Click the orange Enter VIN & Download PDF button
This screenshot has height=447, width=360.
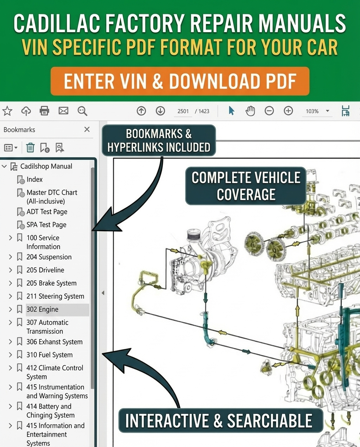point(180,81)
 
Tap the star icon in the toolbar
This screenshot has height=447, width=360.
point(7,111)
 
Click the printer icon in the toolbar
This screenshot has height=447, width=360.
point(45,111)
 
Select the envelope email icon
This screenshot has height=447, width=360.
point(63,111)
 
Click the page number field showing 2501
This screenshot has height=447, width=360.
point(183,111)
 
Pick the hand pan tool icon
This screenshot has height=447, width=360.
point(250,111)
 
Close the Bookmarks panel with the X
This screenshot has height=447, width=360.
point(87,130)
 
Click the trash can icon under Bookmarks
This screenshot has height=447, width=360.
point(30,147)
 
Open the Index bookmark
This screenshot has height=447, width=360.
point(35,180)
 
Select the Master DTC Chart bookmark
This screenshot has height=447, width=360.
point(52,197)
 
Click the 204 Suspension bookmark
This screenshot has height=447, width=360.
point(49,257)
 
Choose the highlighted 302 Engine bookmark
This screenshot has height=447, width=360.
point(43,309)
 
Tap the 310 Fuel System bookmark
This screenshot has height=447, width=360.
point(49,355)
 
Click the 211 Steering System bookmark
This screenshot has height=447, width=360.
point(55,296)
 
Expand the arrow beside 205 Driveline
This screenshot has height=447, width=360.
point(10,270)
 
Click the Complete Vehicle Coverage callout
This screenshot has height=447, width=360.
point(246,186)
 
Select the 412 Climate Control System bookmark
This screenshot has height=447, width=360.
point(55,372)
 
